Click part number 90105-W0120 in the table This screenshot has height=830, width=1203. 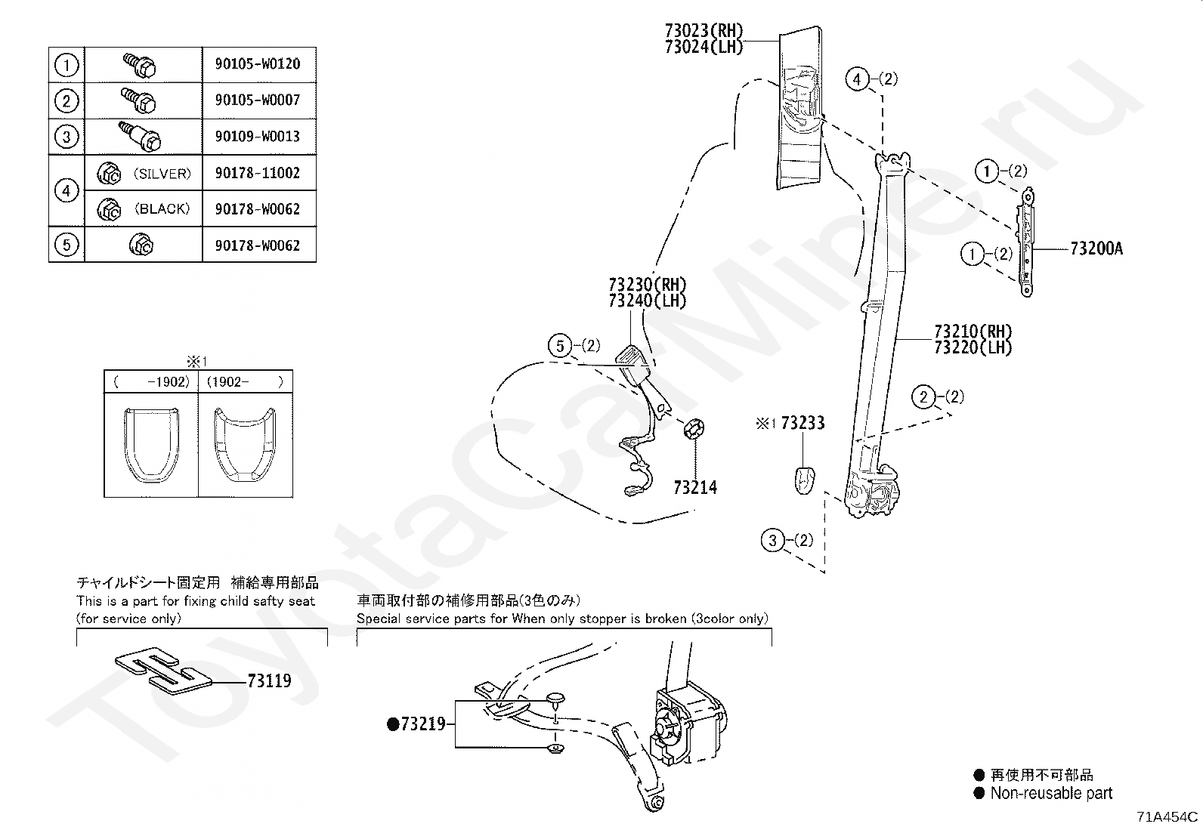click(257, 63)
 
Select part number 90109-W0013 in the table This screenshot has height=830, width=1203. click(257, 137)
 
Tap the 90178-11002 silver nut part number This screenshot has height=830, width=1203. click(257, 173)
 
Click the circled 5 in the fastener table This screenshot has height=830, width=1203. click(66, 245)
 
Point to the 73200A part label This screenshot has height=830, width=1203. click(1096, 248)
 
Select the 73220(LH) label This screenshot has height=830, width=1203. click(973, 347)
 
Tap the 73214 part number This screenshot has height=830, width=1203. click(695, 488)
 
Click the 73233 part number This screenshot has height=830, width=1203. click(803, 423)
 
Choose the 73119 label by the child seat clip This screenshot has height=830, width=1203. click(269, 681)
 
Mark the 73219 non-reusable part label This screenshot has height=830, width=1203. click(422, 724)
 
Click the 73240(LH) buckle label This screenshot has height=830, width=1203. click(647, 301)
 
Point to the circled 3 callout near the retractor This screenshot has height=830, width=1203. click(772, 540)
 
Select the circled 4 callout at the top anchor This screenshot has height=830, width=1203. click(857, 79)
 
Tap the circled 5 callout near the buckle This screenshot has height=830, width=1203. click(560, 347)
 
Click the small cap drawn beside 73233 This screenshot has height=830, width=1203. click(804, 478)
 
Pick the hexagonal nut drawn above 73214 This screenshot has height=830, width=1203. click(694, 428)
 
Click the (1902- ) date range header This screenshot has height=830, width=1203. click(245, 382)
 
